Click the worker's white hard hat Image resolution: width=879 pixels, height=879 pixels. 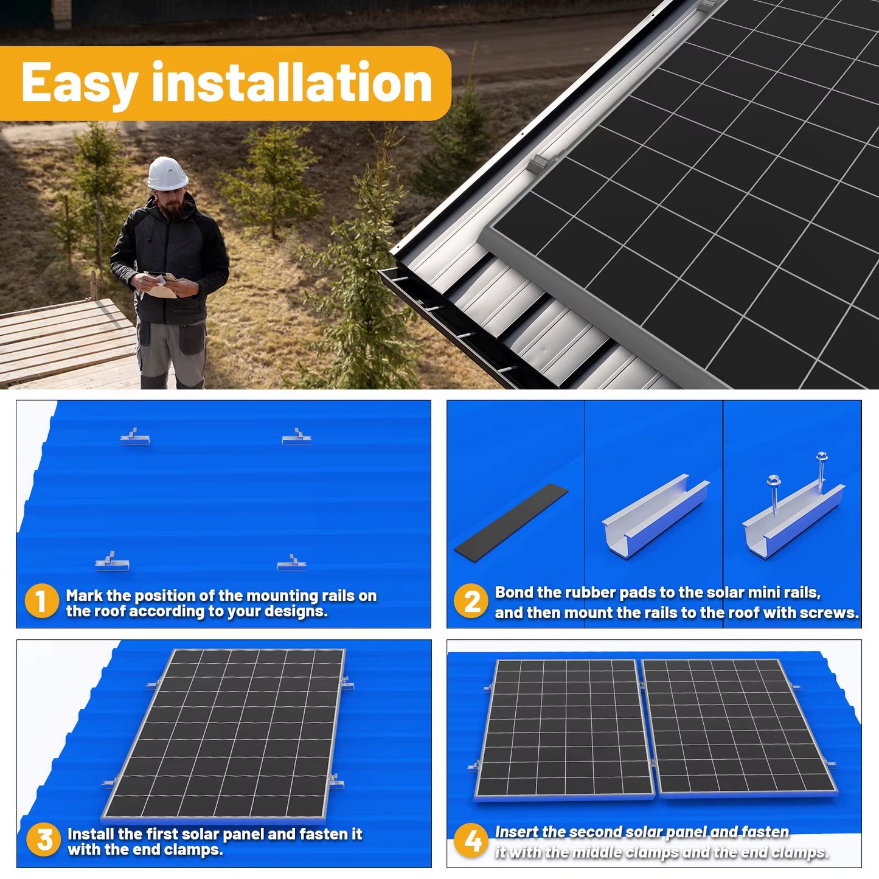[167, 174]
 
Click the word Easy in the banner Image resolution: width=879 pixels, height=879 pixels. [79, 83]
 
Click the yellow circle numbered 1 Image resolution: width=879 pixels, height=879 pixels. [41, 601]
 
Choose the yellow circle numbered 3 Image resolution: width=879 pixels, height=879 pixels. [44, 840]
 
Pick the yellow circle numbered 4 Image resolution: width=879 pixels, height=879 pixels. [472, 841]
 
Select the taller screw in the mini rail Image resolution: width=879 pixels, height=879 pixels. [821, 471]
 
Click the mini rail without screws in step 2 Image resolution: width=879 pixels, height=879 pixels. [655, 516]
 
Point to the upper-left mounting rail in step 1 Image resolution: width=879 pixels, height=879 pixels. [134, 437]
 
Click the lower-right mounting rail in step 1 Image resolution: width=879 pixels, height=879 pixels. [291, 563]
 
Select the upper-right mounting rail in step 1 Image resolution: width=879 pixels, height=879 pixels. [296, 437]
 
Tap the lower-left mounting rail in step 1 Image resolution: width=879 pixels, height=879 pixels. [111, 562]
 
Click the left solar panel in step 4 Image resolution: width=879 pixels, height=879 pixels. [564, 729]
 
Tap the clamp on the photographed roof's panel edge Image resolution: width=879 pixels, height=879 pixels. [540, 163]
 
